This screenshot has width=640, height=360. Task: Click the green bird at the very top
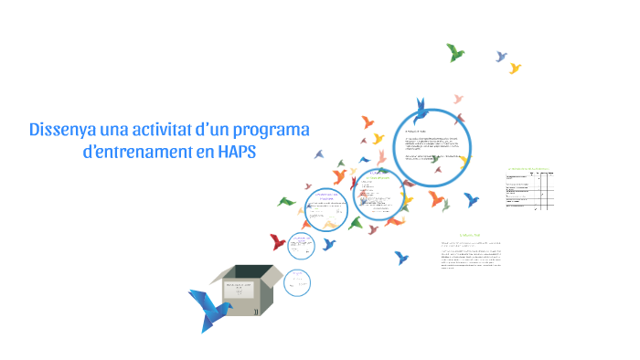click(x=455, y=52)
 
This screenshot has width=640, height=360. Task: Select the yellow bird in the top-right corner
click(x=515, y=68)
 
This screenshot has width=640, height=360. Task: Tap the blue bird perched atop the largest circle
click(x=421, y=111)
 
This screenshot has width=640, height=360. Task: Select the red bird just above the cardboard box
click(x=278, y=242)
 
